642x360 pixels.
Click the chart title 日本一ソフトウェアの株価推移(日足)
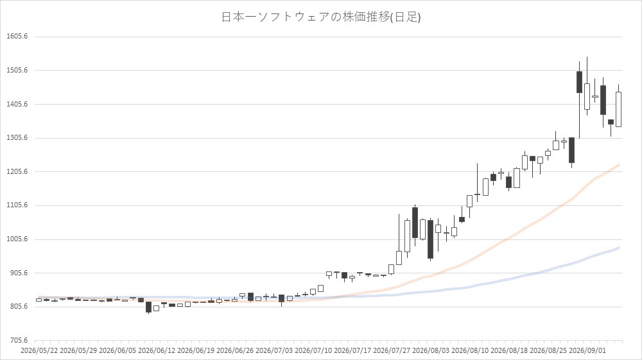(320, 17)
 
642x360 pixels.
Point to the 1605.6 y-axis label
(17, 37)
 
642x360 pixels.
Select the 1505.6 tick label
(17, 71)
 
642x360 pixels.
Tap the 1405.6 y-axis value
(17, 105)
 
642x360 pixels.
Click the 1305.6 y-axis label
(17, 138)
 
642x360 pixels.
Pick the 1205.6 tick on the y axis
(17, 172)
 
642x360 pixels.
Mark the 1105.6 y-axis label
(17, 205)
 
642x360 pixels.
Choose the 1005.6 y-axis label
(17, 239)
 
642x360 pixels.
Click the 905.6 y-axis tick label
(19, 273)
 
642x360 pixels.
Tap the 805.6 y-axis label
(19, 307)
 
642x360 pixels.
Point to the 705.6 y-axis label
(19, 340)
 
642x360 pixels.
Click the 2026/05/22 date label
(39, 350)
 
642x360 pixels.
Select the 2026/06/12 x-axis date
(157, 350)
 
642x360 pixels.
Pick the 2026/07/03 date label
(274, 350)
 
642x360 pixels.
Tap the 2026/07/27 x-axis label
(392, 350)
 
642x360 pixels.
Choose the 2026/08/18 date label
(509, 350)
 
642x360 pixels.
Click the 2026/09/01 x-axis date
(587, 350)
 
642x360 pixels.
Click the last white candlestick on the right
(618, 109)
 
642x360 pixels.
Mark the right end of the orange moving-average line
(619, 165)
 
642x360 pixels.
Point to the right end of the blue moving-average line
(619, 248)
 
